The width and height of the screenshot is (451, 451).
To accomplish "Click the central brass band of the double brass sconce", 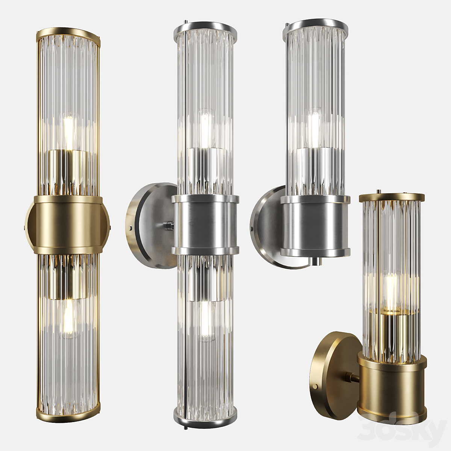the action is (x=67, y=225).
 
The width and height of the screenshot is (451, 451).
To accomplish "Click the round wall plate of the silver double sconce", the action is (x=150, y=225).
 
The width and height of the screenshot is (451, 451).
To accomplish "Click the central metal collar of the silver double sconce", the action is (x=205, y=225).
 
